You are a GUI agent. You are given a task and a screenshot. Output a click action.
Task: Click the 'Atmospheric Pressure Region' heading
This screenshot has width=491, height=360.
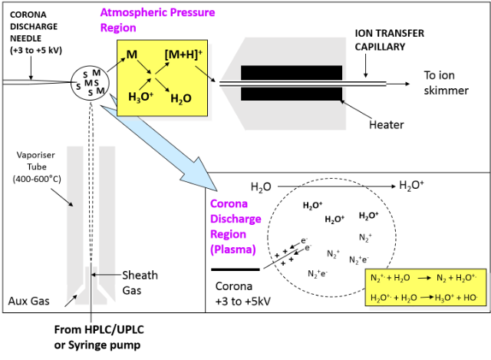pyautogui.click(x=157, y=20)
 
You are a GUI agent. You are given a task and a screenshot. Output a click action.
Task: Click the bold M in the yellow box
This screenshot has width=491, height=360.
pyautogui.click(x=132, y=55)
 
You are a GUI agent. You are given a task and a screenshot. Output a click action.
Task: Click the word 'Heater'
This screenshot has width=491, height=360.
pyautogui.click(x=387, y=124)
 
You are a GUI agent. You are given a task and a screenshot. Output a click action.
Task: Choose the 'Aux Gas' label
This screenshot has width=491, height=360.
pyautogui.click(x=28, y=301)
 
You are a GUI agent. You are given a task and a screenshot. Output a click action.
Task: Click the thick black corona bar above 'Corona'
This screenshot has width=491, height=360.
pyautogui.click(x=234, y=269)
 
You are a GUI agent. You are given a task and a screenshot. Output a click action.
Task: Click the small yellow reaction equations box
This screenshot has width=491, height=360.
pyautogui.click(x=424, y=287)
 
